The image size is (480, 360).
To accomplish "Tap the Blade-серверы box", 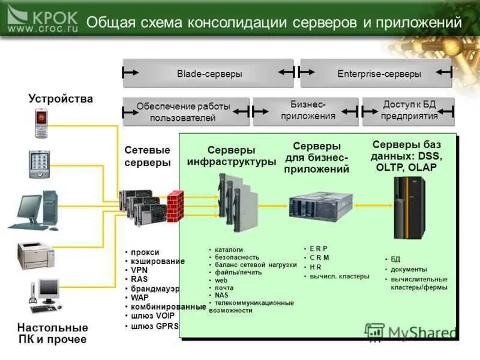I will click(209, 73).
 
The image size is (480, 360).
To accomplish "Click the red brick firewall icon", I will click(175, 206).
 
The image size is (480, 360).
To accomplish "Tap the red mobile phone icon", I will click(41, 123).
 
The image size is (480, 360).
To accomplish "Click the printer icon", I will click(37, 254).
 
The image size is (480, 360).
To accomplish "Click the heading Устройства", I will click(61, 98).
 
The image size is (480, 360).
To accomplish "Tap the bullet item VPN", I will click(140, 270).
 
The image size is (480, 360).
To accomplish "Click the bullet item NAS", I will click(221, 295).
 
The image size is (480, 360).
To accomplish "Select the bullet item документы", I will click(409, 269).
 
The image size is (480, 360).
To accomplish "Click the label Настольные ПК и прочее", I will click(53, 334).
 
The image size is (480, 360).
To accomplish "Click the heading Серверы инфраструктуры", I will click(232, 155).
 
